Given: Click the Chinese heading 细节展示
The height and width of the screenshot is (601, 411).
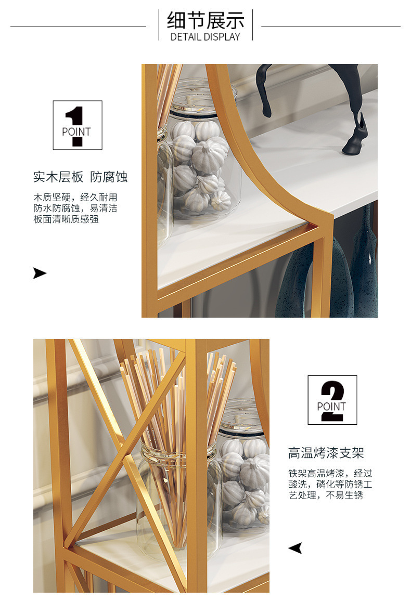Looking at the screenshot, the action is (x=205, y=20).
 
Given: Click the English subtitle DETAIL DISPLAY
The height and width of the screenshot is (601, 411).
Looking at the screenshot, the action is (x=205, y=37).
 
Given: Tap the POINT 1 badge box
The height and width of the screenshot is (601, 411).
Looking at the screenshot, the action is (x=78, y=125).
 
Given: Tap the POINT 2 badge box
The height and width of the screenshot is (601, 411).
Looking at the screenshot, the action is (x=332, y=400).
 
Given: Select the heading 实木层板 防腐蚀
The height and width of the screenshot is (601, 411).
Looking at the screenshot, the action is (x=80, y=177).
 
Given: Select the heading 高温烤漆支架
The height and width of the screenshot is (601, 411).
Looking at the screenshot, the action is (x=326, y=453).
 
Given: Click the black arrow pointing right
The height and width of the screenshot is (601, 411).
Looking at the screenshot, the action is (x=40, y=273).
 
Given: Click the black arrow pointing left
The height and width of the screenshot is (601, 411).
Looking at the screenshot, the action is (x=295, y=548).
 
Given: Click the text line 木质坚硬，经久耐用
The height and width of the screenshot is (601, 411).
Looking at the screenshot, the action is (x=75, y=198).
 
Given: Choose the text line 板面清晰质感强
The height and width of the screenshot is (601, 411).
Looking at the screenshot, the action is (x=66, y=219).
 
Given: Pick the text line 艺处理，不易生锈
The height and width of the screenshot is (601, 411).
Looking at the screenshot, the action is (x=326, y=495).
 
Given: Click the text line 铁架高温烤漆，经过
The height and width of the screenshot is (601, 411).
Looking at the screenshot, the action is (x=330, y=473).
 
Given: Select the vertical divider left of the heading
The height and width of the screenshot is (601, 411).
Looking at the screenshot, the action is (x=159, y=25).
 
